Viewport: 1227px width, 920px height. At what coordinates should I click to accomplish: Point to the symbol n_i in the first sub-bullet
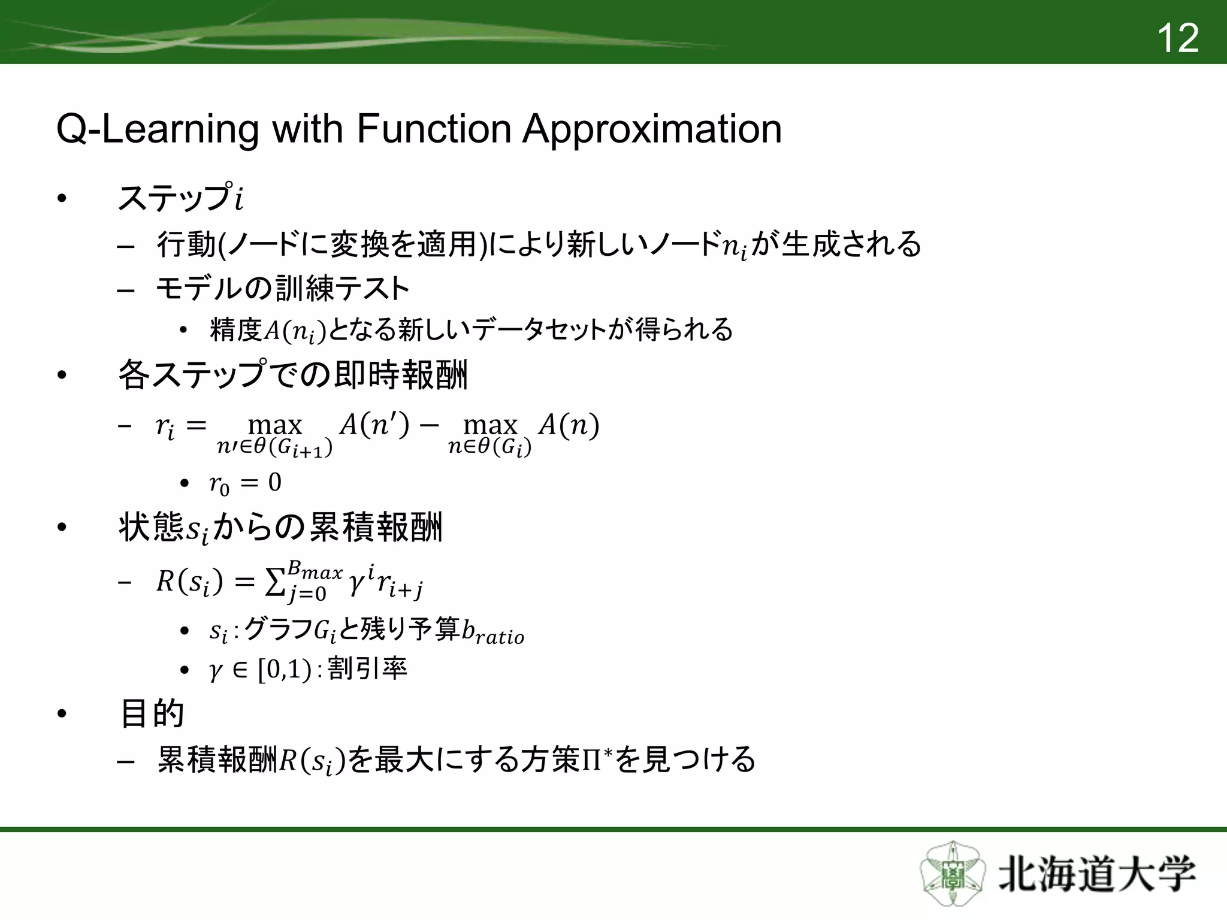click(735, 247)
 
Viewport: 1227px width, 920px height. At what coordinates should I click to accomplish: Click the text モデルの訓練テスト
click(282, 289)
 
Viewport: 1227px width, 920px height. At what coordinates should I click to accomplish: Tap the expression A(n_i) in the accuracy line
click(294, 331)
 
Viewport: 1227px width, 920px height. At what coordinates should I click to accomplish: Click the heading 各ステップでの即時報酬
click(292, 376)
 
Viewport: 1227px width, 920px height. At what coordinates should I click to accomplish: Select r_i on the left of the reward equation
click(165, 427)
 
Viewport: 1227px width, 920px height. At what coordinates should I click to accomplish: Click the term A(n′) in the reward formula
click(374, 425)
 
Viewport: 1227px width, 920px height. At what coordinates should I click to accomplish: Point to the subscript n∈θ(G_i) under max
click(489, 447)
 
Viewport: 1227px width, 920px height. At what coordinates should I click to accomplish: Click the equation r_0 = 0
click(245, 483)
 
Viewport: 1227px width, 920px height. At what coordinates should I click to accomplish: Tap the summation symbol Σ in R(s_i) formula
click(275, 582)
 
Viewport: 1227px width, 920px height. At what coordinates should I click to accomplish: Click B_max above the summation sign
click(315, 570)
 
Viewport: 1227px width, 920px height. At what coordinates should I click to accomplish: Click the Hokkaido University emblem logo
click(953, 873)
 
